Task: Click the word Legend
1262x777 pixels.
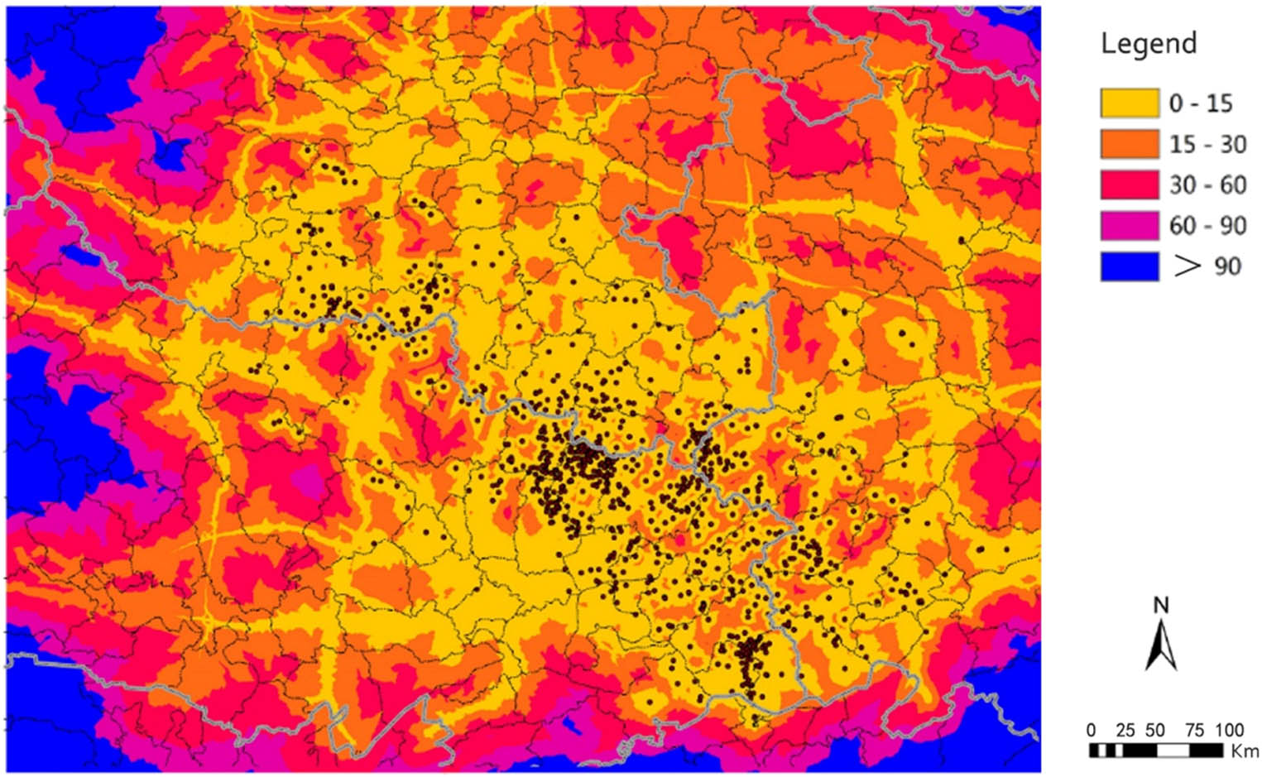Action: (x=1148, y=43)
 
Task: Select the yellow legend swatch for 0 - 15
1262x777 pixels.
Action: (x=1129, y=103)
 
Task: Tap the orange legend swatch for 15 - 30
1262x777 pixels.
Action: (x=1129, y=144)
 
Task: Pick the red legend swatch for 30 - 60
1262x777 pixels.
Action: (x=1129, y=185)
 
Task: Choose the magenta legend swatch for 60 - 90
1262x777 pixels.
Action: (x=1129, y=225)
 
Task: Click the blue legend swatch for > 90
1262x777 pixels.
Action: (x=1129, y=266)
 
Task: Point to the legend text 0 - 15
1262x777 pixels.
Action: (x=1200, y=103)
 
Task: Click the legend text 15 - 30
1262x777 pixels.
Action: (x=1207, y=144)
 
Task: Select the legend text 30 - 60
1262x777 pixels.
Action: (x=1207, y=185)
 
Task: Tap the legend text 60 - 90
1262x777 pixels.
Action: (x=1207, y=225)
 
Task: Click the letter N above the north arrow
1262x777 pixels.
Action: (x=1161, y=606)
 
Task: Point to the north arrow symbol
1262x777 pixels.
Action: (x=1161, y=645)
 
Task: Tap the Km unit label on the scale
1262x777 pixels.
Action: (x=1245, y=751)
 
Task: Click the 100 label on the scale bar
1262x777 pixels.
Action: (x=1230, y=730)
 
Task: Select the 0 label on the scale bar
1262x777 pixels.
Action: (x=1092, y=730)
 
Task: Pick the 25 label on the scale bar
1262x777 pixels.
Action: (x=1125, y=730)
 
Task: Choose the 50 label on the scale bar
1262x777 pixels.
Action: (x=1155, y=730)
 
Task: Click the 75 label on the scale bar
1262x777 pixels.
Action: (x=1194, y=730)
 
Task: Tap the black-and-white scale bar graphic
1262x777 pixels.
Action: (x=1155, y=751)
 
